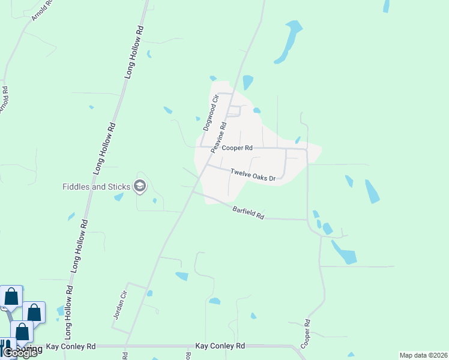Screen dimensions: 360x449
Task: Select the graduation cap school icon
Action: pyautogui.click(x=140, y=187)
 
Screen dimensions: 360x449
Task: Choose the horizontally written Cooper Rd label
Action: pyautogui.click(x=237, y=148)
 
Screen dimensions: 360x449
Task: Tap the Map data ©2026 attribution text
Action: pyautogui.click(x=423, y=355)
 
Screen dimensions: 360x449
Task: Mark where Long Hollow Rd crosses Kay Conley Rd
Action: pyautogui.click(x=62, y=346)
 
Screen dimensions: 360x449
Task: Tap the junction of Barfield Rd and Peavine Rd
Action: pyautogui.click(x=191, y=193)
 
